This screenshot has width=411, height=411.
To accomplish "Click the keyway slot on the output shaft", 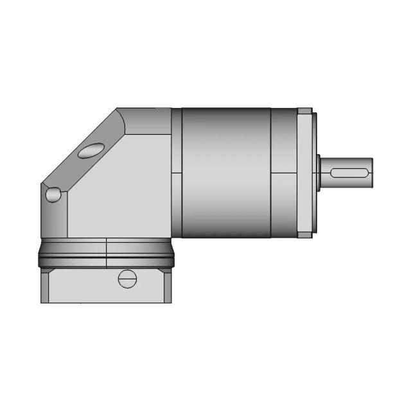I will coord(349,172).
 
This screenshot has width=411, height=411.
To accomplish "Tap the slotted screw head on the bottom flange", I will coord(128,279).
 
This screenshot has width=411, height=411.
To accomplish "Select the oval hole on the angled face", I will coord(90,150).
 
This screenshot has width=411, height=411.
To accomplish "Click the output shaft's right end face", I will coord(372,172).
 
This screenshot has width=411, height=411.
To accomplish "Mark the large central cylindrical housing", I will coord(225,172).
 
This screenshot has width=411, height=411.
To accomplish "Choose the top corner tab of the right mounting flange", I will coord(305,111).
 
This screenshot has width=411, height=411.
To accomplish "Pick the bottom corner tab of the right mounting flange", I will coord(305,234).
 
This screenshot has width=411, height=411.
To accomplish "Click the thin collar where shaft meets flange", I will coord(319,172).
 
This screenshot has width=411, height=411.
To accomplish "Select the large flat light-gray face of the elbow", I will coord(119,186).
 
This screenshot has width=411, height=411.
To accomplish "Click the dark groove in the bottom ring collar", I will coord(106,258).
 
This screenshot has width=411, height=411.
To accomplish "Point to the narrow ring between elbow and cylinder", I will coord(176,172).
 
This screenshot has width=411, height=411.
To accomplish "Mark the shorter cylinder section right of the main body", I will coord(283,172).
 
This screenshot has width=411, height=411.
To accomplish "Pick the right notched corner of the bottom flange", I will coord(168,272).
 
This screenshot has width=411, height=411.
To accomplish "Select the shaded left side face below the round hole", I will coord(55,218).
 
